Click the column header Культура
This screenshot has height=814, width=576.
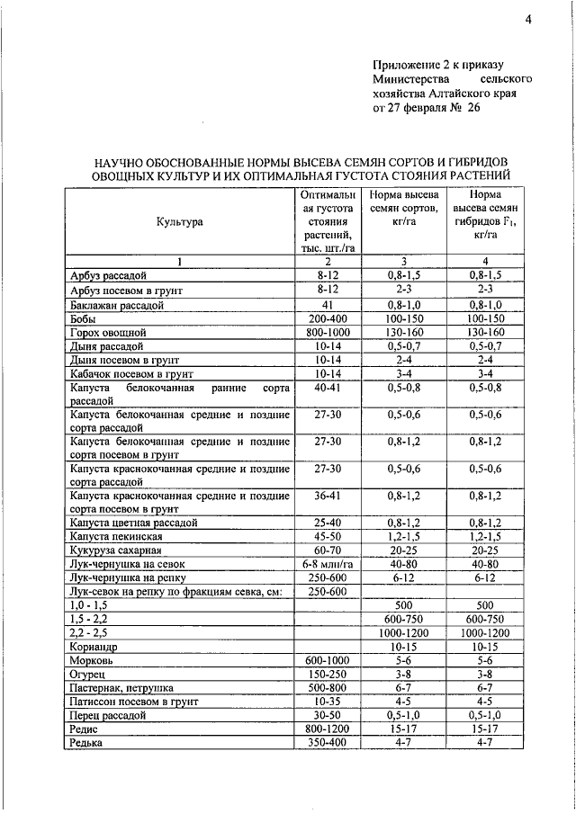pyautogui.click(x=179, y=220)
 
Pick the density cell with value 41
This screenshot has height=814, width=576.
pyautogui.click(x=327, y=305)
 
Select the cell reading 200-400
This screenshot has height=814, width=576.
pyautogui.click(x=327, y=318)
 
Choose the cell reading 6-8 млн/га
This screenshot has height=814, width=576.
pyautogui.click(x=327, y=564)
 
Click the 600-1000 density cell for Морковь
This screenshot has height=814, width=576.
pyautogui.click(x=327, y=660)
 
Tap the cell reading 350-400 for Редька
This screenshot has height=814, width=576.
pyautogui.click(x=327, y=743)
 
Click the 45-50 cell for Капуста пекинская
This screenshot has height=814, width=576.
pyautogui.click(x=327, y=536)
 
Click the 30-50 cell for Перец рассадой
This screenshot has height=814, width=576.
pyautogui.click(x=327, y=715)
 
